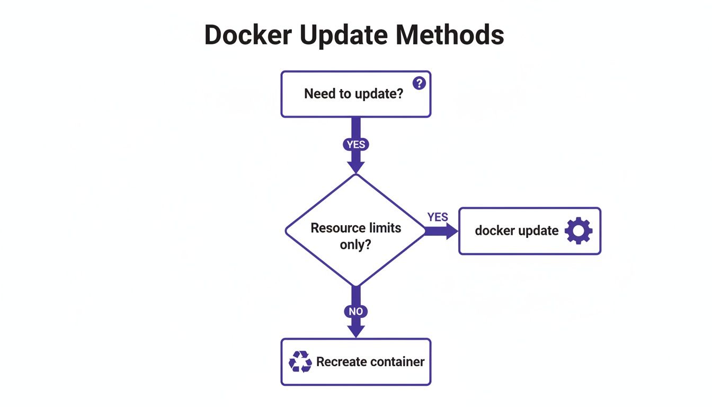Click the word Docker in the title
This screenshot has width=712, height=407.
pyautogui.click(x=248, y=35)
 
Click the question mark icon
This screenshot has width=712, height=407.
pyautogui.click(x=419, y=83)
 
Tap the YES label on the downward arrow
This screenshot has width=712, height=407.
pyautogui.click(x=355, y=144)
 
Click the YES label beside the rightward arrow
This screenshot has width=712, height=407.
pyautogui.click(x=438, y=217)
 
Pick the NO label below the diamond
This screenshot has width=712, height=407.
pyautogui.click(x=355, y=311)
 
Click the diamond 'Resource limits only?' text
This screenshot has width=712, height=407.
pyautogui.click(x=355, y=236)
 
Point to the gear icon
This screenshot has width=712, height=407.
pyautogui.click(x=578, y=231)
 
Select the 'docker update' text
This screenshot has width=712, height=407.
pyautogui.click(x=517, y=231)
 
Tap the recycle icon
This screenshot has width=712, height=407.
pyautogui.click(x=300, y=362)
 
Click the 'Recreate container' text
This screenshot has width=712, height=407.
pyautogui.click(x=370, y=362)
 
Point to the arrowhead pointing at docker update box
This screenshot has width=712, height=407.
pyautogui.click(x=451, y=231)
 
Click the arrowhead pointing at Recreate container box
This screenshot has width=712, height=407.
pyautogui.click(x=355, y=331)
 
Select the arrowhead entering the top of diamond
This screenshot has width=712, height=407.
pyautogui.click(x=355, y=167)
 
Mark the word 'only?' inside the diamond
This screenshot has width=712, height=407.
pyautogui.click(x=355, y=245)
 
